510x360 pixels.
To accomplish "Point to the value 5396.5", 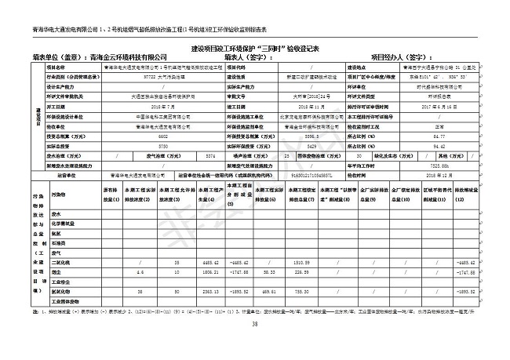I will pyautogui.click(x=293, y=135).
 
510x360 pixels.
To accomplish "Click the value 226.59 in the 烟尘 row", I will pyautogui.click(x=304, y=271).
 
